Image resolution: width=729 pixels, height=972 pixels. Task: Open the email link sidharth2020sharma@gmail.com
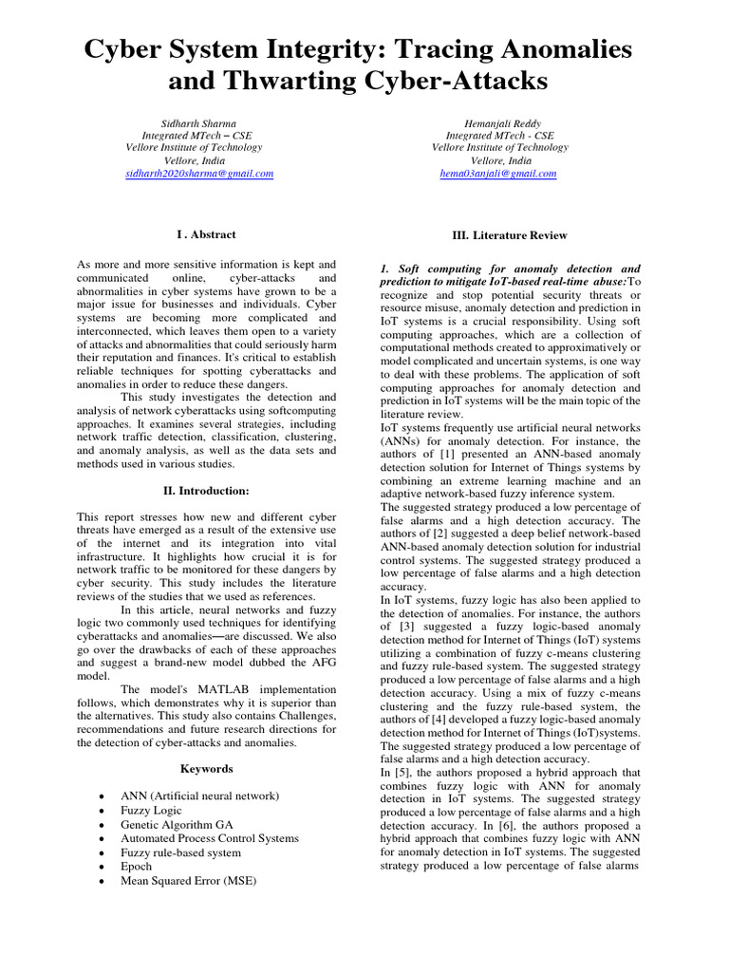pos(199,174)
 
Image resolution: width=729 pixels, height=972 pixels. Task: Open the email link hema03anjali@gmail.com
pos(498,174)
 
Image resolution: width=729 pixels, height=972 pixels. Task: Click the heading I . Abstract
pos(206,234)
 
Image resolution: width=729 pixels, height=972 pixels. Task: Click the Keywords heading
pos(206,768)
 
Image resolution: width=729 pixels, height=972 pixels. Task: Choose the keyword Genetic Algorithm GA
pos(176,825)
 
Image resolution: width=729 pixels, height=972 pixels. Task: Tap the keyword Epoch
pos(136,867)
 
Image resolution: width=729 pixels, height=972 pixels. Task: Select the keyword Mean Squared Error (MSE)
pos(188,880)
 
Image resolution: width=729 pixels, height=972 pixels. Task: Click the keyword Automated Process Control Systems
pos(209,838)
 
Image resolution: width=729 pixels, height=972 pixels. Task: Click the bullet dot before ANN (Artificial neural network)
pos(102,797)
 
